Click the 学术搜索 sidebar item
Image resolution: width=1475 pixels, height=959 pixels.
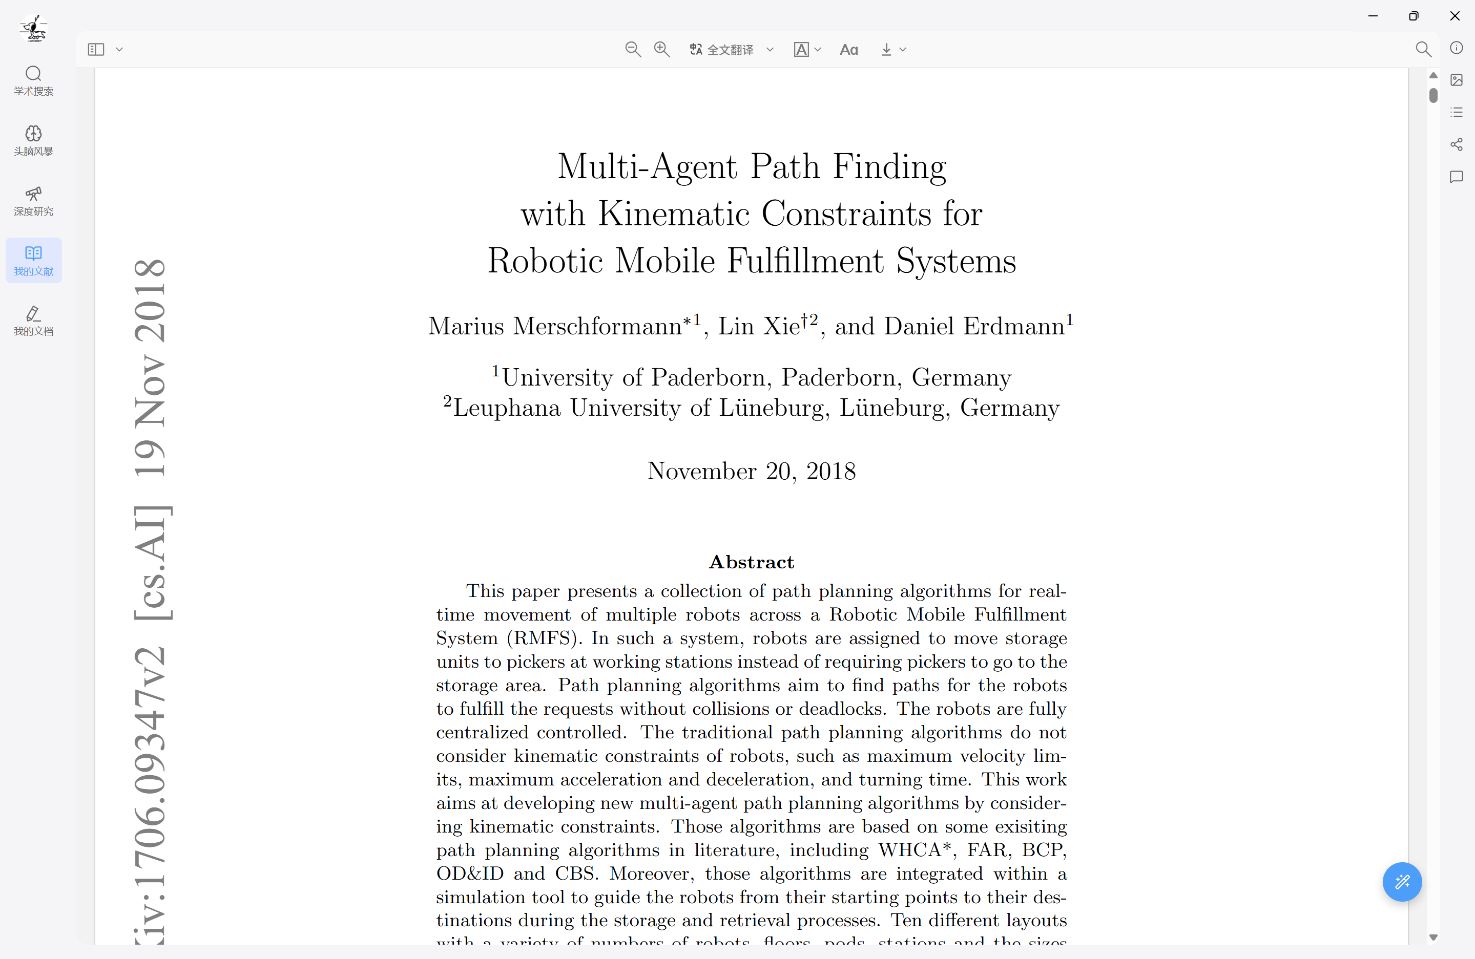[x=33, y=80]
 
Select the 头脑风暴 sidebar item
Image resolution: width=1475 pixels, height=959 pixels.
[x=33, y=141]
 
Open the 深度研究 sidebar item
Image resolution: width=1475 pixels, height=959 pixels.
[x=33, y=201]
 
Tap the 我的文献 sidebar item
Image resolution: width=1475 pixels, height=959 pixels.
[x=33, y=261]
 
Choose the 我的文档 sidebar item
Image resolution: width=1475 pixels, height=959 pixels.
[x=33, y=321]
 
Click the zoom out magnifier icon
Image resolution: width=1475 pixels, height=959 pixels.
[x=632, y=49]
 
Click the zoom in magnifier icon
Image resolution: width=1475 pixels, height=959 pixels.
[x=661, y=49]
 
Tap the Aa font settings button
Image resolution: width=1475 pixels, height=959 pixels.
[x=848, y=50]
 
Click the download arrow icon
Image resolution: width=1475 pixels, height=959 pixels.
[x=886, y=50]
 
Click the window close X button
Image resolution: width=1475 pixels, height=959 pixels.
[x=1455, y=16]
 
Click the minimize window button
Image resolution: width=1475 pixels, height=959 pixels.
[x=1373, y=16]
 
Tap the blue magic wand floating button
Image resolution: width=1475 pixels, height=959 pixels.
[x=1402, y=881]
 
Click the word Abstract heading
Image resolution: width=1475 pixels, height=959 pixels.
[x=751, y=562]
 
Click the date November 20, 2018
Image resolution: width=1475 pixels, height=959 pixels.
[x=751, y=472]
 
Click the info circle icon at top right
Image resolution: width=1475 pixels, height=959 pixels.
[x=1457, y=48]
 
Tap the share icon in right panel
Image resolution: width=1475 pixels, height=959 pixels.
[x=1457, y=144]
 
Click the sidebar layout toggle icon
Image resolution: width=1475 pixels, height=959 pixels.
[x=96, y=49]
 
